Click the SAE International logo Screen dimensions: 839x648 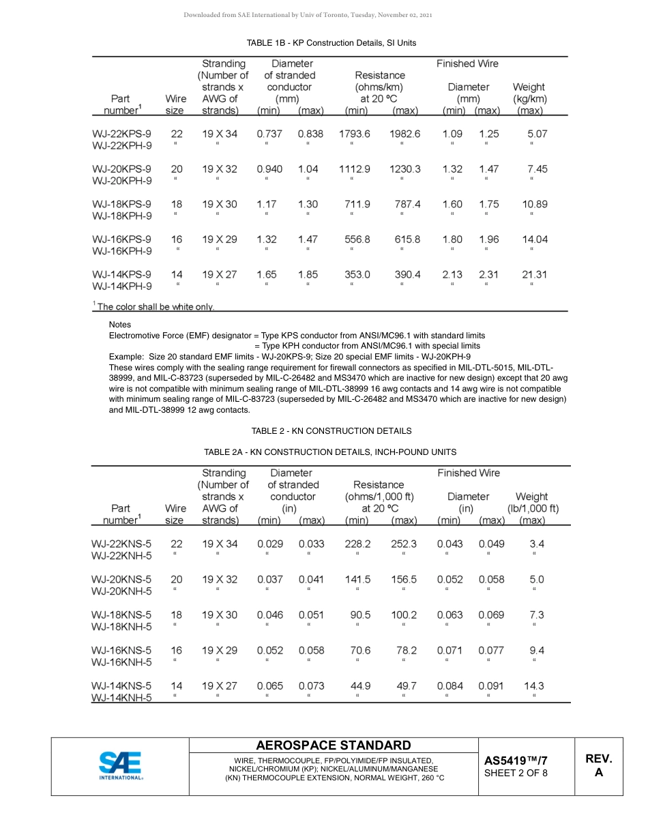120,765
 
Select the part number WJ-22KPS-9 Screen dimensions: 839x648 122,134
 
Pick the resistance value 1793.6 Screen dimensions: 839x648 355,134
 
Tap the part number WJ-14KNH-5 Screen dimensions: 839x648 121,698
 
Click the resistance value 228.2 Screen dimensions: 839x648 358,544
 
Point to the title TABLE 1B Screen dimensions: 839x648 331,43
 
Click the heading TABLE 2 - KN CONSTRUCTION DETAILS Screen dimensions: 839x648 331,431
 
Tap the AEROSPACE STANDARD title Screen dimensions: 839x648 334,746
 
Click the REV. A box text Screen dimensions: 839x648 599,765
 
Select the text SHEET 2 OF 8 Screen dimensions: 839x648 516,773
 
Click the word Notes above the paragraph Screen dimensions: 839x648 120,325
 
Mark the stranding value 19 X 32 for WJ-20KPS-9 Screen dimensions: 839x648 220,169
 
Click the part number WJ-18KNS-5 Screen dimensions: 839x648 121,615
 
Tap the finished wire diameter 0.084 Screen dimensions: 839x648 450,686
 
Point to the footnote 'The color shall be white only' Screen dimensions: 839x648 154,307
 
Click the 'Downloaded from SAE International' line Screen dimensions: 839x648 308,15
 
